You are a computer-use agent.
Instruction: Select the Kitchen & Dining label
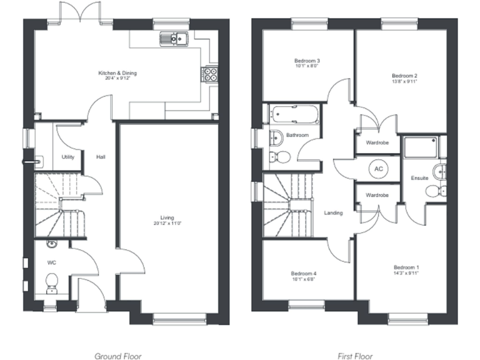click(x=117, y=73)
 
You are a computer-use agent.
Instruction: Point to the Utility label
click(x=68, y=157)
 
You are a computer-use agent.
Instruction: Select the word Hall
click(x=100, y=157)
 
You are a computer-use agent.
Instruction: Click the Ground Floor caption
click(x=117, y=356)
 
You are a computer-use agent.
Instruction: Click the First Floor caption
click(x=354, y=356)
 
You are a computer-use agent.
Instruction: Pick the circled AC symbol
click(x=378, y=169)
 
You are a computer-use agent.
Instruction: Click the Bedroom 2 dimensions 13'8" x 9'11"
click(x=404, y=81)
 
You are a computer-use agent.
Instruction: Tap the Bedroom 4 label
click(x=303, y=273)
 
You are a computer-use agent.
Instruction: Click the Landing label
click(x=333, y=213)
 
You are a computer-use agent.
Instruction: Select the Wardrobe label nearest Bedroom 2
click(x=377, y=142)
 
